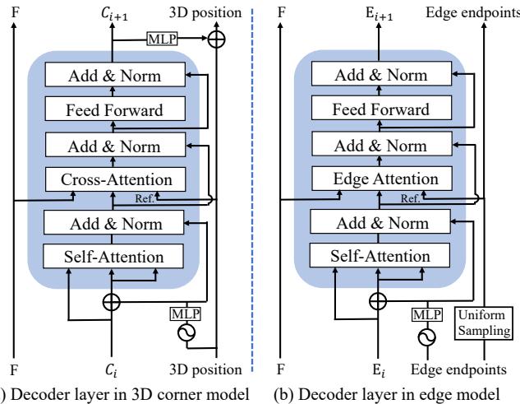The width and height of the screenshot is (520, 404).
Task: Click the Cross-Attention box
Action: click(x=115, y=179)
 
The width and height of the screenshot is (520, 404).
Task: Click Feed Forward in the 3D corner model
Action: click(x=115, y=110)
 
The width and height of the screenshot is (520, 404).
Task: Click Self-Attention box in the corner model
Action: click(x=115, y=256)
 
